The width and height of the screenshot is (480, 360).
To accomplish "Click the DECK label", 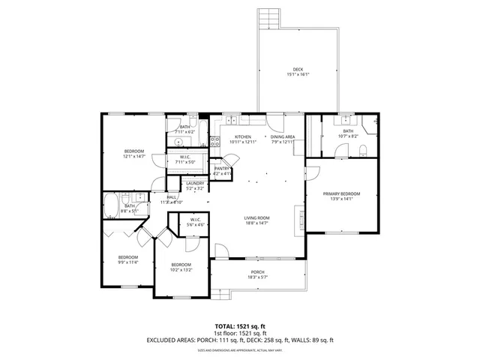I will click(x=298, y=70).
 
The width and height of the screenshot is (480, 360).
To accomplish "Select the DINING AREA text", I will click(x=283, y=136).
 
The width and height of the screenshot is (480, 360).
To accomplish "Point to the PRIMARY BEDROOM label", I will click(x=341, y=193).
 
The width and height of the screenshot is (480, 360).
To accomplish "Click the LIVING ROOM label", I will click(x=256, y=217).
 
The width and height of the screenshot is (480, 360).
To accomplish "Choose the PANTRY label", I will click(x=220, y=169).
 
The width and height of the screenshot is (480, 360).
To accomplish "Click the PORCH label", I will click(x=257, y=272).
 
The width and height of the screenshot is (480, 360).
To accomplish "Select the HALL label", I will click(x=172, y=197).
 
